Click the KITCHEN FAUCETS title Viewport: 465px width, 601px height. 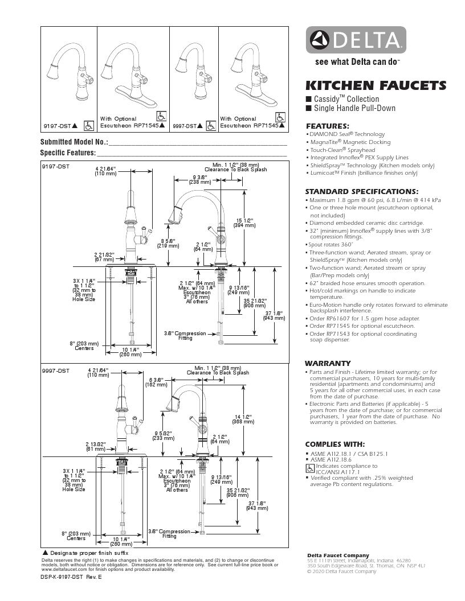point(376,86)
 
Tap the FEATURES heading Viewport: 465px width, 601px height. point(328,126)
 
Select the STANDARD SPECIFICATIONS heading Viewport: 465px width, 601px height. point(362,191)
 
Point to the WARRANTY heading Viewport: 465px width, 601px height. point(328,363)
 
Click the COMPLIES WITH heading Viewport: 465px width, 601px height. point(335,444)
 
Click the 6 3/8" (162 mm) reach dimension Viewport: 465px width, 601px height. point(156,381)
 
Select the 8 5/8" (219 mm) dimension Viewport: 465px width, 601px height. point(169,243)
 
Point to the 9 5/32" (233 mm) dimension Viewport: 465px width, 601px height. point(164,436)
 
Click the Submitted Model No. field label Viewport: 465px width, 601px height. point(74,142)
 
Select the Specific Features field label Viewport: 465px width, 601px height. point(68,153)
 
